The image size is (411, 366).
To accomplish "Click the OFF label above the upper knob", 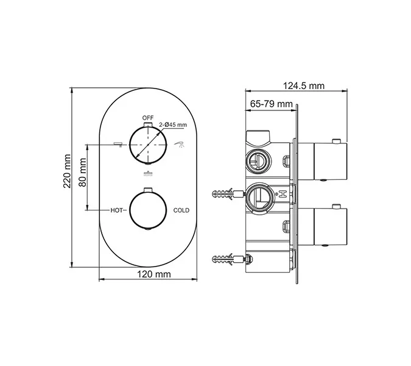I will [x=148, y=117].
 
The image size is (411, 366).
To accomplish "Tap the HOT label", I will [x=118, y=210].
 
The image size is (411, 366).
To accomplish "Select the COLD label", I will [x=181, y=210].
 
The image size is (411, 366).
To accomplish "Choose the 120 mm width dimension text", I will [x=148, y=275].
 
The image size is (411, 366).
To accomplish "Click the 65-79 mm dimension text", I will [x=271, y=104].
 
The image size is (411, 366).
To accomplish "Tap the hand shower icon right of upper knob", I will [x=180, y=144].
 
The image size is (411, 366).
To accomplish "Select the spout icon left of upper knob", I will [x=118, y=144].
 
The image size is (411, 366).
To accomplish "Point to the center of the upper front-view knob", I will [x=147, y=145].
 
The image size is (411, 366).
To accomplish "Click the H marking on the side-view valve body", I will [x=283, y=195].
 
